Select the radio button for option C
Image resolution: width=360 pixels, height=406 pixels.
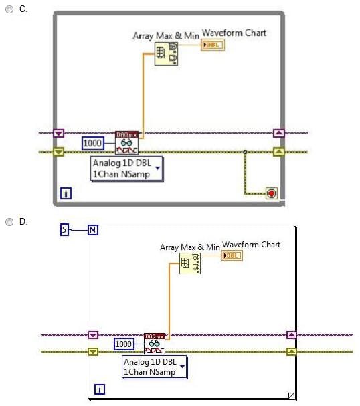(x=9, y=9)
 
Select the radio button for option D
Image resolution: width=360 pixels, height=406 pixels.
(x=9, y=222)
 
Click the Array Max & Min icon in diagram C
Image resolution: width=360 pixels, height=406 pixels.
(x=166, y=54)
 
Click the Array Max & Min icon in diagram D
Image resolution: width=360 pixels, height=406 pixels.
(x=190, y=264)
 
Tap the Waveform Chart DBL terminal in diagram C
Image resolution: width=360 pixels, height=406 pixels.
(x=213, y=45)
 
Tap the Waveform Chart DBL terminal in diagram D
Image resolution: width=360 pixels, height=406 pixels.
(x=232, y=256)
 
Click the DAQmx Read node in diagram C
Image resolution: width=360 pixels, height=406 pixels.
(x=126, y=142)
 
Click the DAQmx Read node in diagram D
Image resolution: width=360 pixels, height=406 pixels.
(x=155, y=344)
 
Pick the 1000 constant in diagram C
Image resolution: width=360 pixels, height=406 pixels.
(x=93, y=143)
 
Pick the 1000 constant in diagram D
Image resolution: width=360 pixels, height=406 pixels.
(x=124, y=344)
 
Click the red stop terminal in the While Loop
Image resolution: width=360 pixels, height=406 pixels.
(x=272, y=193)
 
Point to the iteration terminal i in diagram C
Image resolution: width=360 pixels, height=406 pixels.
(x=66, y=193)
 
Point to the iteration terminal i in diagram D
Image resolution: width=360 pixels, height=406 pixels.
(x=100, y=389)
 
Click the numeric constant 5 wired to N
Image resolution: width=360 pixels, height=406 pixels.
(x=64, y=229)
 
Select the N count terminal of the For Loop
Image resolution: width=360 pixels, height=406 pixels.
(x=93, y=230)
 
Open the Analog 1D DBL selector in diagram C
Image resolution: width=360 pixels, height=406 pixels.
(x=127, y=169)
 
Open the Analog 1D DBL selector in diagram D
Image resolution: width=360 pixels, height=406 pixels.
(x=155, y=367)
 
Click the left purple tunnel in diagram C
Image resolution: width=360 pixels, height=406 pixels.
(x=58, y=133)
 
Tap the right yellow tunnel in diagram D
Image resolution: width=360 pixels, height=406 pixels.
(x=292, y=352)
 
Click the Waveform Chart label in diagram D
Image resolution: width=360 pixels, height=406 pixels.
(x=251, y=245)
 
